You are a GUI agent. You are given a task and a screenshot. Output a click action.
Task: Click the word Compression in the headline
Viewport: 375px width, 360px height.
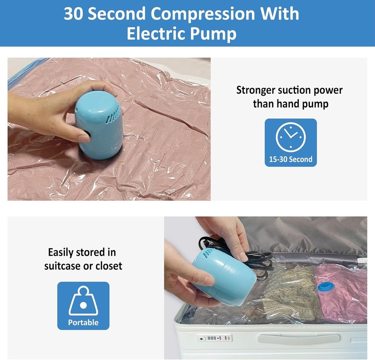click(203, 14)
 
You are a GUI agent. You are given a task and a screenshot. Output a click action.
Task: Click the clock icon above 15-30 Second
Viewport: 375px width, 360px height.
click(291, 137)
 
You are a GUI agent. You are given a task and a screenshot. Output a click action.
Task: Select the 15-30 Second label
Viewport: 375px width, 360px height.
click(291, 159)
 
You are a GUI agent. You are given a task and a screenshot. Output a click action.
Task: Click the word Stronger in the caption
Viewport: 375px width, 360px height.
click(256, 90)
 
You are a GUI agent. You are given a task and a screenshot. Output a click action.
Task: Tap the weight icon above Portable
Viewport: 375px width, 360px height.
click(83, 301)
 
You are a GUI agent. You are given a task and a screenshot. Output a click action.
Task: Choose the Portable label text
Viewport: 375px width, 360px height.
click(83, 322)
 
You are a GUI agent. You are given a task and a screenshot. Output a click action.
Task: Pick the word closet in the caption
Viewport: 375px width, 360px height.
click(109, 266)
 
